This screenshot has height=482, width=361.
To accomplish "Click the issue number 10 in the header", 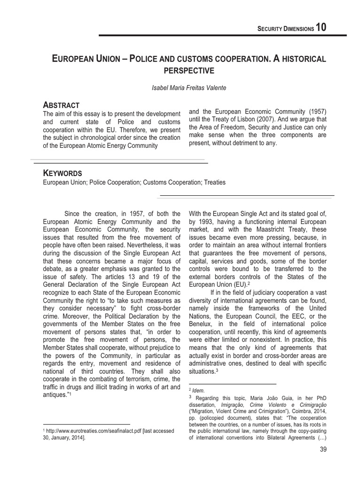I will coord(321,27).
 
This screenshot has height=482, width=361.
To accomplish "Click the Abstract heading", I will coord(61,104).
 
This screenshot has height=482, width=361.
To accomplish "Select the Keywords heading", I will coord(63,173).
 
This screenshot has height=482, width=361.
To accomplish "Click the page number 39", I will coord(322,450).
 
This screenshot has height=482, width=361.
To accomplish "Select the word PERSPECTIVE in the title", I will coord(188,71).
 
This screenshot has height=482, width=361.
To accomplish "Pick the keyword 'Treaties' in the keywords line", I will coord(215,182).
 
